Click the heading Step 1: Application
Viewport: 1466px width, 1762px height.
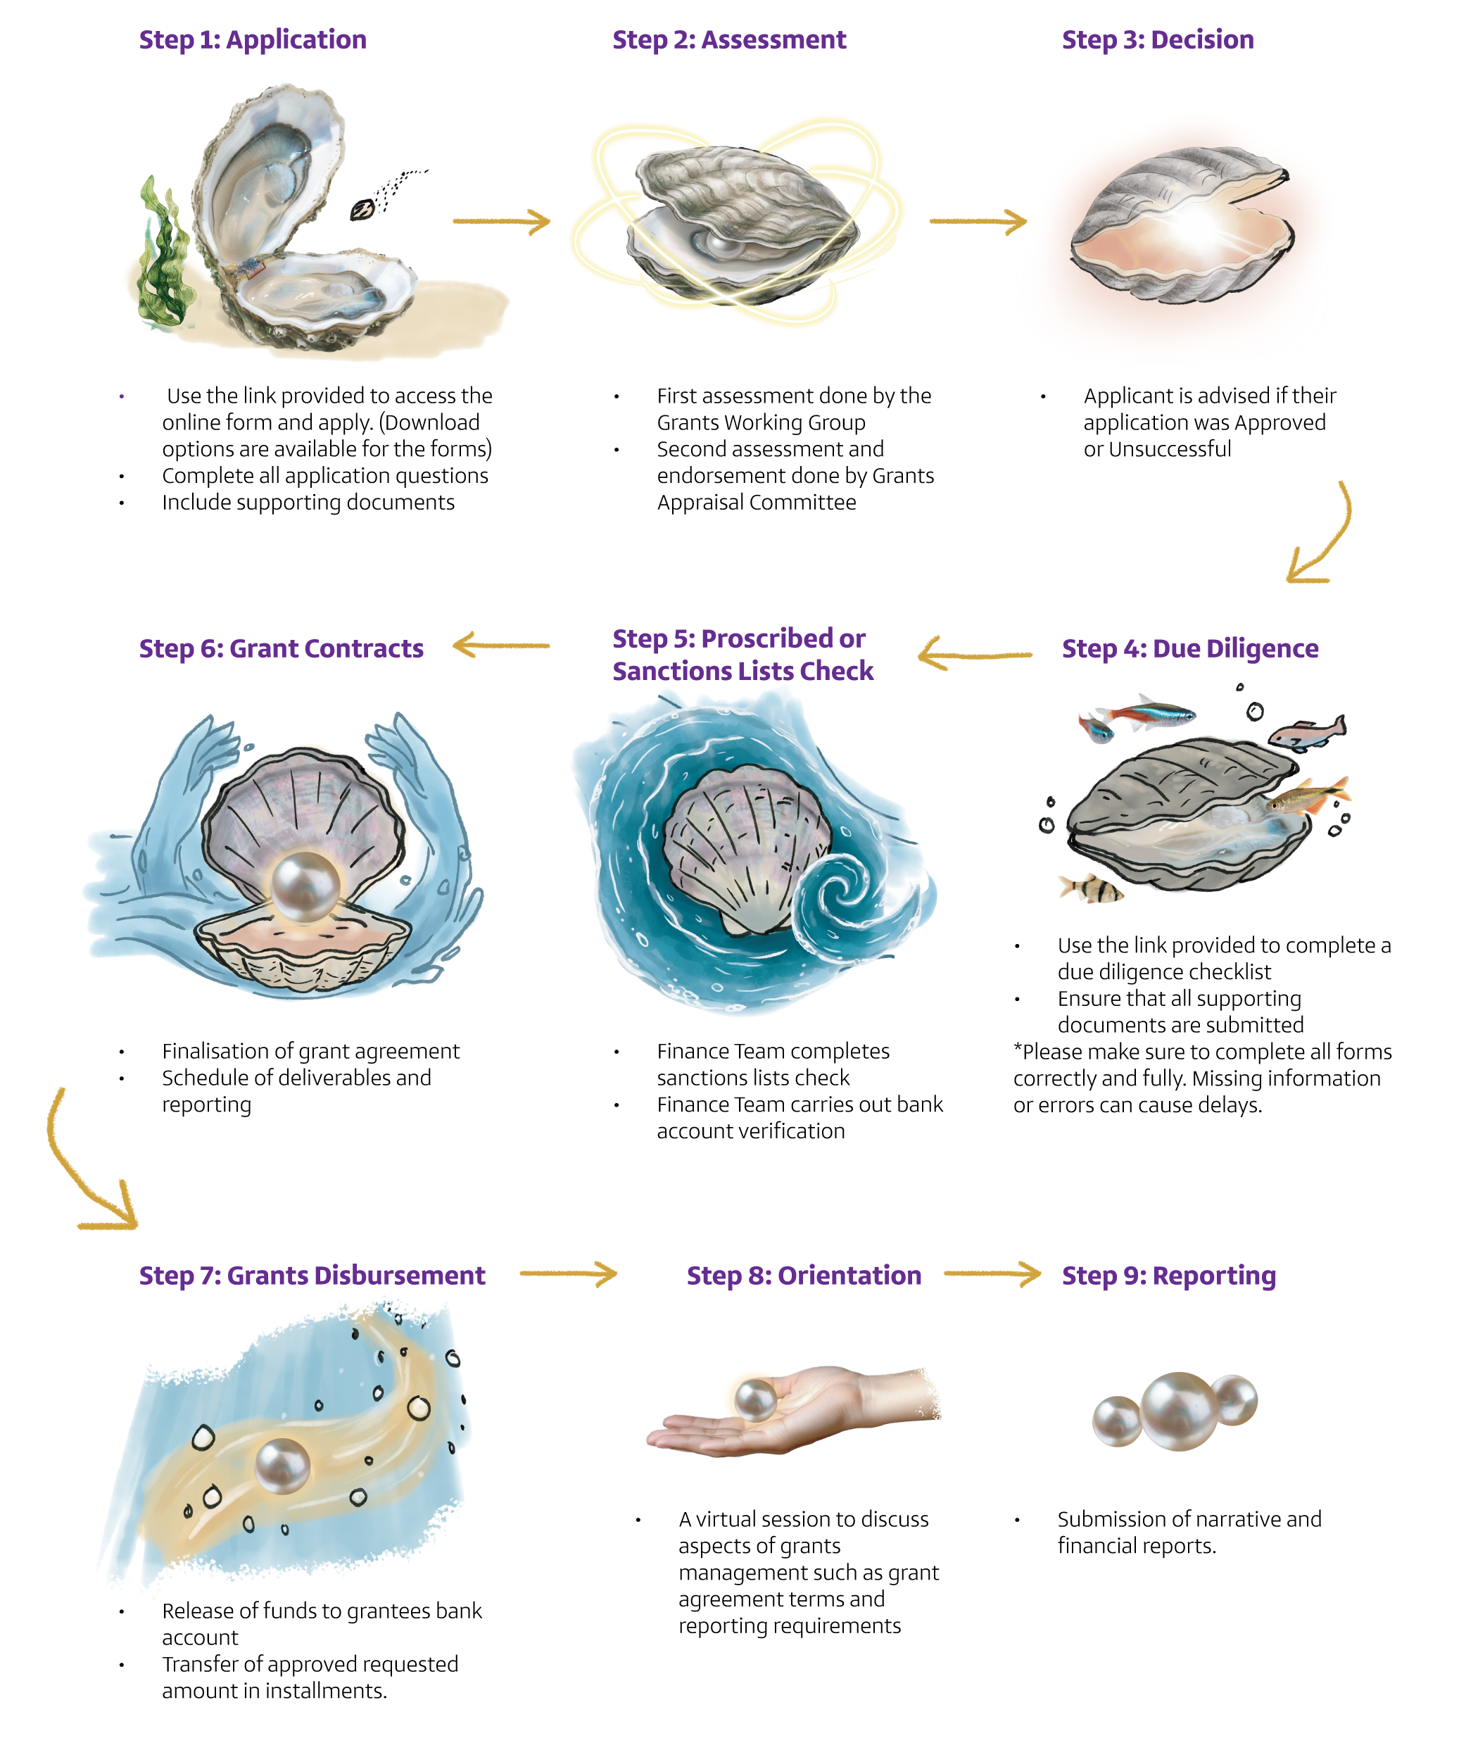click(253, 40)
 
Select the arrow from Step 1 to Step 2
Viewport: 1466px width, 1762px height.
click(500, 222)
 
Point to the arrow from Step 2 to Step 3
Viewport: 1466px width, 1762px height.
click(978, 222)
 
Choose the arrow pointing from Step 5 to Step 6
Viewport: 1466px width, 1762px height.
click(500, 646)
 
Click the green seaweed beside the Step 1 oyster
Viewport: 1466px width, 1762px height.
click(166, 252)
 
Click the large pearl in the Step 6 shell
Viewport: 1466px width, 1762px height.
click(307, 886)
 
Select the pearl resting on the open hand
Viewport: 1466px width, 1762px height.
click(754, 1399)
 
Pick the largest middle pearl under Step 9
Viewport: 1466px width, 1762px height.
click(1178, 1411)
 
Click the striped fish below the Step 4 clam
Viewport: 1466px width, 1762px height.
click(1090, 888)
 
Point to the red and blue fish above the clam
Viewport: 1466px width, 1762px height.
click(1145, 713)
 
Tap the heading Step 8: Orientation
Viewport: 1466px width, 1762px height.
click(804, 1276)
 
